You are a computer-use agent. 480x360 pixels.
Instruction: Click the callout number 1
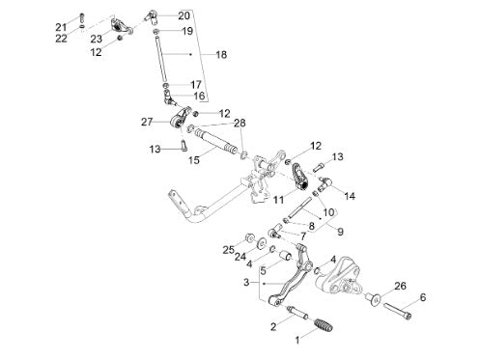click(297, 340)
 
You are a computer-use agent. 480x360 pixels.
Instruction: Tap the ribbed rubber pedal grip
click(323, 325)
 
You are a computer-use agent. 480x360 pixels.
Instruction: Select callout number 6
click(423, 297)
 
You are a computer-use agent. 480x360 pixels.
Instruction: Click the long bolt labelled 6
click(397, 312)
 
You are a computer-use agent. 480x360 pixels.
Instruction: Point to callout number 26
click(400, 286)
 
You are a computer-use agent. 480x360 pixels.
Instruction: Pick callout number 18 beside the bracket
click(221, 54)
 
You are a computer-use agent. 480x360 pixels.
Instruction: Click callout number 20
click(184, 15)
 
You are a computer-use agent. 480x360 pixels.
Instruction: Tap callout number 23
click(97, 39)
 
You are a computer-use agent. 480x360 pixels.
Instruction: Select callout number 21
click(61, 27)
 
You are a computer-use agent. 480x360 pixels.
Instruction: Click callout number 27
click(147, 122)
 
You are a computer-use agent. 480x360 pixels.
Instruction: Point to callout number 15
click(194, 160)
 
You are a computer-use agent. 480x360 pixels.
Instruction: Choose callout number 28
click(240, 123)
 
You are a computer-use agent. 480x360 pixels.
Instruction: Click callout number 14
click(350, 196)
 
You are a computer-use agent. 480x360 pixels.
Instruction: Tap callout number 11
click(279, 200)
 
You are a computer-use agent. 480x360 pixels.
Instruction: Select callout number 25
click(229, 249)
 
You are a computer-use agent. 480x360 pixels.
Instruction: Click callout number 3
click(246, 283)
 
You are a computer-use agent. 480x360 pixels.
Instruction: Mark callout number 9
click(340, 232)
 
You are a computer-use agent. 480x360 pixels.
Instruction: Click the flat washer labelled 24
click(261, 243)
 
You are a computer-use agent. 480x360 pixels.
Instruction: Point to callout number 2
click(273, 326)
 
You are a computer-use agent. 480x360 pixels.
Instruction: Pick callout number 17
click(196, 85)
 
